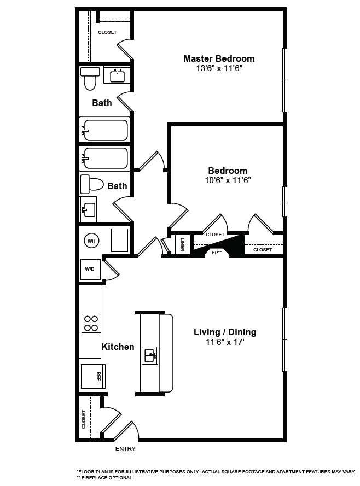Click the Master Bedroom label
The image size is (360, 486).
[219, 59]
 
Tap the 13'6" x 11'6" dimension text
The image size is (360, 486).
[219, 69]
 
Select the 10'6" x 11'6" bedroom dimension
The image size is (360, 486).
[228, 180]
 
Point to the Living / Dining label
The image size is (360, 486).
[225, 332]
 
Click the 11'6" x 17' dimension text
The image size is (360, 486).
[225, 342]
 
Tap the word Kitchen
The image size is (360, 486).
[118, 347]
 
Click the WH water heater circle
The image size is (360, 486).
[91, 240]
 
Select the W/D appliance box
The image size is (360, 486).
[90, 269]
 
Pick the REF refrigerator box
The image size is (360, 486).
[93, 376]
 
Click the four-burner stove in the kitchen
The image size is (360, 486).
[90, 323]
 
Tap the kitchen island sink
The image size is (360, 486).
[149, 355]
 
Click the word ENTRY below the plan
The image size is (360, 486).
[125, 449]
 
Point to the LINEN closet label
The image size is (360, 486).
[182, 244]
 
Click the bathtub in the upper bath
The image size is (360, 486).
[104, 130]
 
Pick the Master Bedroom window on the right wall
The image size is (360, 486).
[284, 80]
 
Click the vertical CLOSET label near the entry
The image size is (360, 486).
[84, 419]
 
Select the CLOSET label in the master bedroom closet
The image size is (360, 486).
[107, 32]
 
